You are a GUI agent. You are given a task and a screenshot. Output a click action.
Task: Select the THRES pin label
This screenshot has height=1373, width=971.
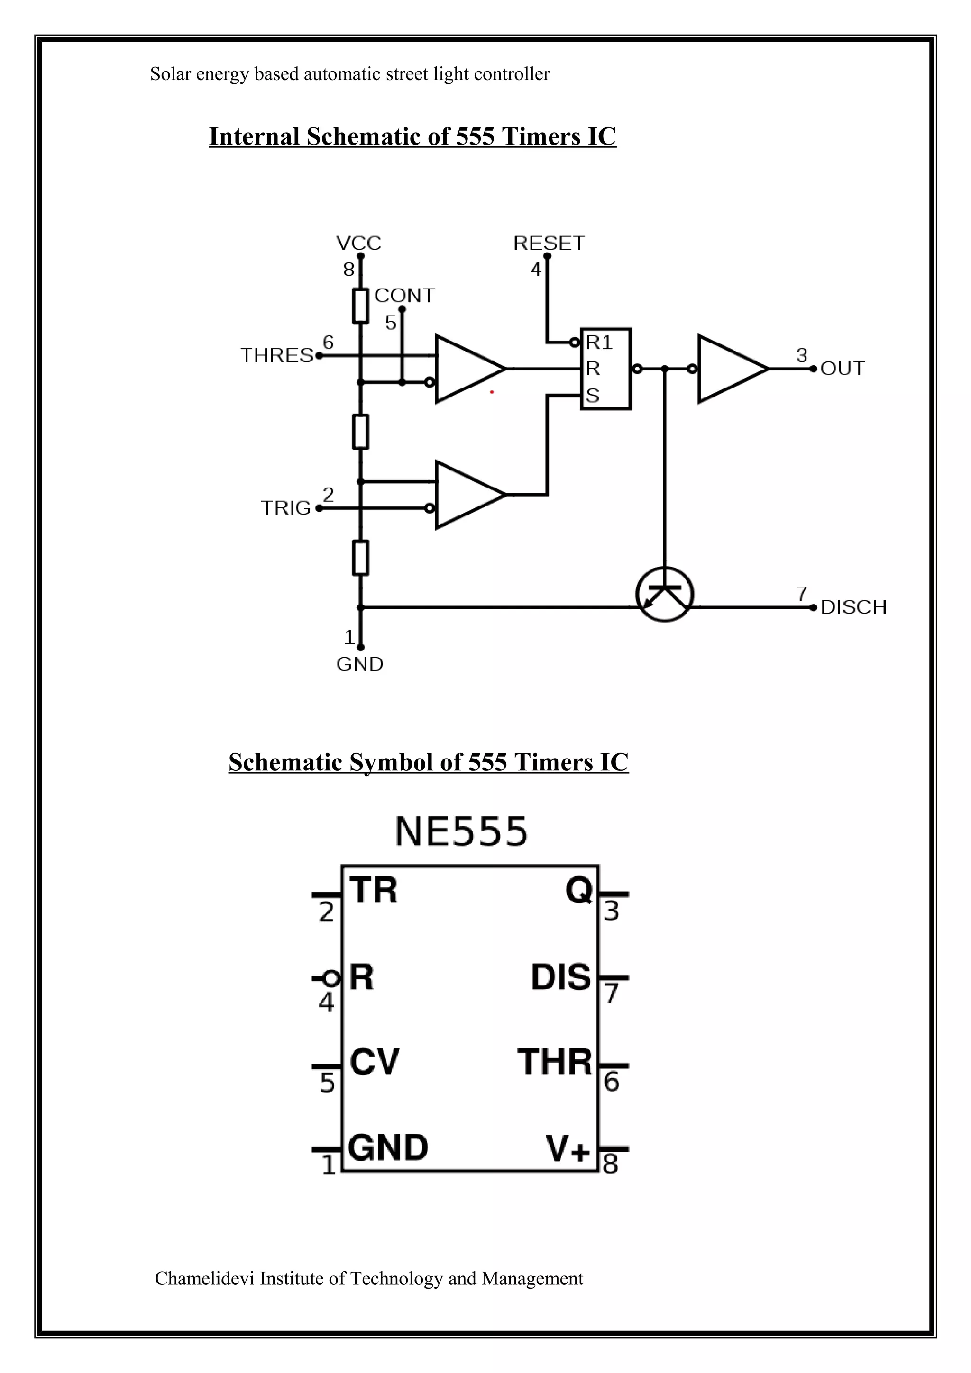point(277,355)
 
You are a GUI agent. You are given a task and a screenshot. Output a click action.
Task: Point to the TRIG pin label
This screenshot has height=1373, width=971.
point(286,508)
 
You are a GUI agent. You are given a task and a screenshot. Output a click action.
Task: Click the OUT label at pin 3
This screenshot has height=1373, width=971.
point(843,369)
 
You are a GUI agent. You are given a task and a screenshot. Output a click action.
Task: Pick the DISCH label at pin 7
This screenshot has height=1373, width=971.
point(853,607)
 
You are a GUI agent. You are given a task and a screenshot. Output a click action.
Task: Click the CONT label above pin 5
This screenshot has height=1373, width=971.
point(404,296)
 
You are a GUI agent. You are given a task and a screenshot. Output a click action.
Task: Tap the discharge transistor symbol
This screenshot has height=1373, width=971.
point(664,594)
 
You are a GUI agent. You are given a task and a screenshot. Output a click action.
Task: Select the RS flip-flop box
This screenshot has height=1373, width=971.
point(605,369)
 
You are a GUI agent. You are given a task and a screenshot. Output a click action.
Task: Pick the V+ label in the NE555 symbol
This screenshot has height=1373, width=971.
point(567,1147)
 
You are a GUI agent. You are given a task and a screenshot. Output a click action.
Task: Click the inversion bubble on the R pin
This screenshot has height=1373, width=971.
point(331,978)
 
